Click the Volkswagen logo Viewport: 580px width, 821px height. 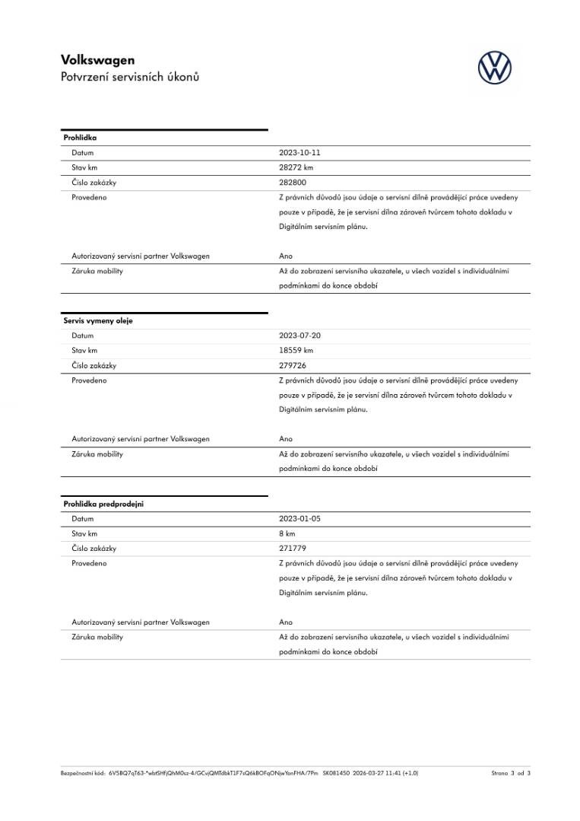coord(494,68)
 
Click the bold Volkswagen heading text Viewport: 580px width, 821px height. coord(97,60)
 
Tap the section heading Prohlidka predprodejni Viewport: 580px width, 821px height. coord(103,504)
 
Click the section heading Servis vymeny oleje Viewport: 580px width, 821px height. coord(98,321)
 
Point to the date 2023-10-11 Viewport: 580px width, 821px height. coord(300,153)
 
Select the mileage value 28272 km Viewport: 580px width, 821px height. coord(296,167)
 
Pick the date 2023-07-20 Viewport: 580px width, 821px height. coord(300,336)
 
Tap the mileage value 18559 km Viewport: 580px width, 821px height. coord(296,351)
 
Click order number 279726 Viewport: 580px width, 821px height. coord(293,365)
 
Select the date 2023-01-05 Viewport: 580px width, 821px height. coord(300,519)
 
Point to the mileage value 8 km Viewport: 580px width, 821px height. coord(287,533)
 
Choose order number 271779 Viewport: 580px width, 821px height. coord(293,549)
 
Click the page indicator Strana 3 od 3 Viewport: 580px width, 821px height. coord(510,773)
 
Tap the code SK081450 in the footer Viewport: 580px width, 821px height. coord(336,773)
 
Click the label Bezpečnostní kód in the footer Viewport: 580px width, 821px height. coord(83,773)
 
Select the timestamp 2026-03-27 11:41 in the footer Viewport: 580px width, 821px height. coord(377,773)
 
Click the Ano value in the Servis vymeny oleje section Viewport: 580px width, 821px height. coord(286,439)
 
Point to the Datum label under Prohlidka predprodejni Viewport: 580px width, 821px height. coord(82,519)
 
